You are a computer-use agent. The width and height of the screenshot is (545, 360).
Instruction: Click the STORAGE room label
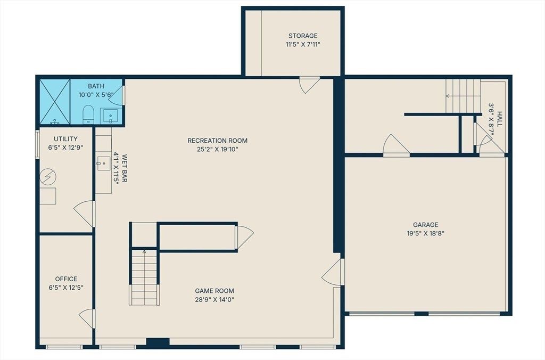pos(303,36)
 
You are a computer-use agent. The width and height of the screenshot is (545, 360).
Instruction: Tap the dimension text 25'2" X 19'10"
pos(218,150)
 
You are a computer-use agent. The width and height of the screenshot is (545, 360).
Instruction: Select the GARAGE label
pos(425,225)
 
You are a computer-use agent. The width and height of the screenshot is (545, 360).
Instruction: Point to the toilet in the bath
pos(88,114)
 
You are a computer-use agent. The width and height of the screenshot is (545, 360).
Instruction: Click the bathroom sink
pos(111,116)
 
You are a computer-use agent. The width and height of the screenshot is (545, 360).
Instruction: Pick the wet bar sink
pos(103,163)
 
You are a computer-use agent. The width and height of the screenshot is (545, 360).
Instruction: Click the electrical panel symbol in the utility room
pos(48,177)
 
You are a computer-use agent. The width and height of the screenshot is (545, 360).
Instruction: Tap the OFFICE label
pos(66,279)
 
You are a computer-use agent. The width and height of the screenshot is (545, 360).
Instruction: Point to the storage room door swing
pos(309,85)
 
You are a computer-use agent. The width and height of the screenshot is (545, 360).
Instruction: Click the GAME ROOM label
pos(214,291)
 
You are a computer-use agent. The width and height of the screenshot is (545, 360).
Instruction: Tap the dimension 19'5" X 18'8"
pos(425,233)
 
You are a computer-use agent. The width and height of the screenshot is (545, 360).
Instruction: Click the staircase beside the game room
pos(144,277)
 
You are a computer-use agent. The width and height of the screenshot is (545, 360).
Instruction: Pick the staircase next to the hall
pos(463,96)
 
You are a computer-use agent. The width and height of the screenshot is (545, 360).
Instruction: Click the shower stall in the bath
pos(55,102)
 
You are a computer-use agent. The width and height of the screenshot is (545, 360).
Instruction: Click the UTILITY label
pos(65,139)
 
